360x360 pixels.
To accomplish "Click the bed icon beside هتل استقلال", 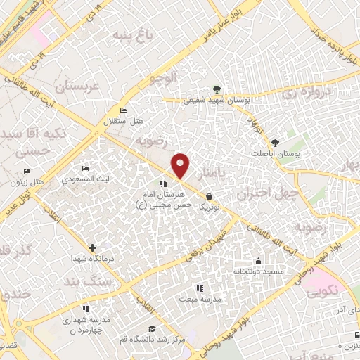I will pyautogui.click(x=124, y=110).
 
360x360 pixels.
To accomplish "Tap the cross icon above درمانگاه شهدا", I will pyautogui.click(x=93, y=247).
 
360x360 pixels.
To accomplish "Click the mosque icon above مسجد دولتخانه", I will pyautogui.click(x=258, y=261).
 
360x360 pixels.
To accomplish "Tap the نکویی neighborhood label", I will pyautogui.click(x=322, y=288).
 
